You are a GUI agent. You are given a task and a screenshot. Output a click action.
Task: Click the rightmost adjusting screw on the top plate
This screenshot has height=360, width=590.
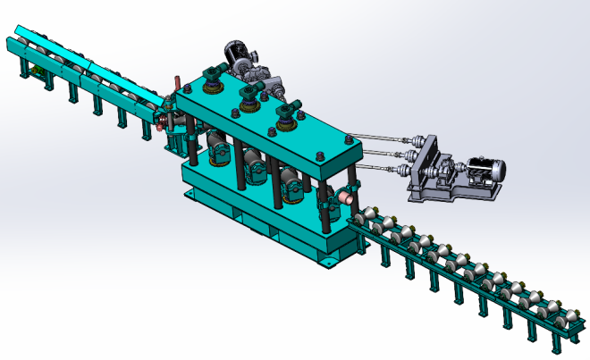[x=286, y=114]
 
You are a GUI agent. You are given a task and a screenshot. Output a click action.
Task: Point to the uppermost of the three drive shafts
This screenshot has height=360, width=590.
[x=380, y=136]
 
